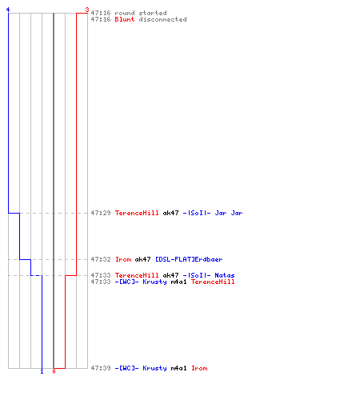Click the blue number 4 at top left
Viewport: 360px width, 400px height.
[8, 10]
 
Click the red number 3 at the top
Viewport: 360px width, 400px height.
[87, 10]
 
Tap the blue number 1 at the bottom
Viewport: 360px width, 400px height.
[42, 371]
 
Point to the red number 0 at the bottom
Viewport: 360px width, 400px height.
[54, 371]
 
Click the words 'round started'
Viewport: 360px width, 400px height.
[141, 13]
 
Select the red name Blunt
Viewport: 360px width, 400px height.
[125, 19]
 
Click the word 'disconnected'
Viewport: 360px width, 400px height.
[162, 19]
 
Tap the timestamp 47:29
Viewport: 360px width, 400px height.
[101, 213]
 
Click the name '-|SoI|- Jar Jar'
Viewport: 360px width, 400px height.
[213, 213]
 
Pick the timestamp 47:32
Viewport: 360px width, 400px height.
[101, 259]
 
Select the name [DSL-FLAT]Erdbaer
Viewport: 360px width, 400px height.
[189, 259]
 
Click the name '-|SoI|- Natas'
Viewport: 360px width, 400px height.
[209, 275]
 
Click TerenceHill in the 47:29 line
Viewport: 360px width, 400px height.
[137, 213]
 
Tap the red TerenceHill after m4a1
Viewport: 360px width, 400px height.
[213, 282]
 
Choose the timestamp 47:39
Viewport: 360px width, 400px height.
[101, 368]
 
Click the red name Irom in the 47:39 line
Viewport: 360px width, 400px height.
[199, 368]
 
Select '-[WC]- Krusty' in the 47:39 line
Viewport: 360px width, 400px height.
[141, 368]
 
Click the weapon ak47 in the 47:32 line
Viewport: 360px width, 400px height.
[142, 259]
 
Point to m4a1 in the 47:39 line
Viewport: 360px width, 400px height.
[178, 368]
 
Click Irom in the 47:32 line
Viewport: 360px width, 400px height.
[123, 259]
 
